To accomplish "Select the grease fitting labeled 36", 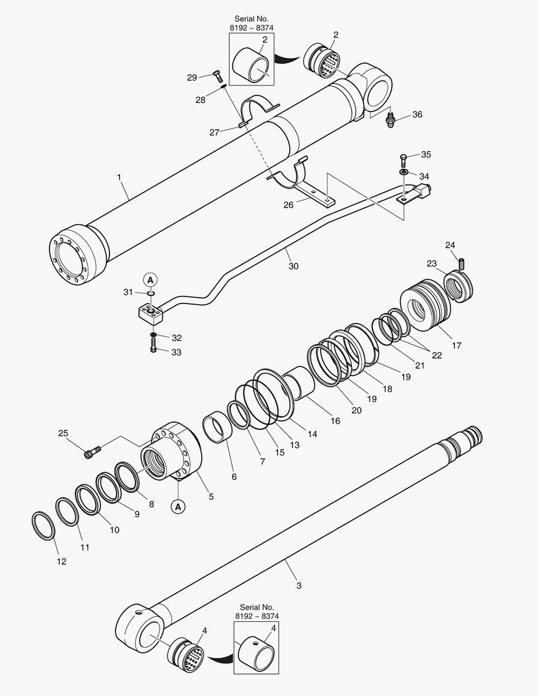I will tap(390, 120).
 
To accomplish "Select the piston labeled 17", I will tap(426, 305).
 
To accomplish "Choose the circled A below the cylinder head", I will tap(178, 507).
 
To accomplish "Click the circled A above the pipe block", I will tap(149, 279).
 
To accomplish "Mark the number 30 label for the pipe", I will tap(293, 266).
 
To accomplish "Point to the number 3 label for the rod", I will tap(298, 585).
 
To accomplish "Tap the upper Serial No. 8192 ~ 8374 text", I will tap(251, 24).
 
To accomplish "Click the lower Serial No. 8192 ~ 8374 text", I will tap(256, 612).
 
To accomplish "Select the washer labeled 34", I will tap(403, 172).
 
